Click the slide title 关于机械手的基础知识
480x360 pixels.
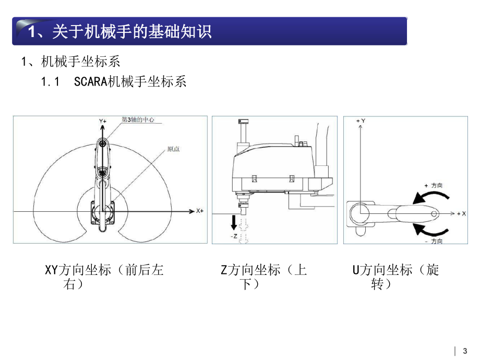click(x=120, y=31)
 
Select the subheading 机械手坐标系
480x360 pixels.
click(x=80, y=62)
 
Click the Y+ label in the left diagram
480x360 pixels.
click(x=103, y=121)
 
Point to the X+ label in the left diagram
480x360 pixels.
click(x=199, y=211)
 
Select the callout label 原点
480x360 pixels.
click(x=173, y=149)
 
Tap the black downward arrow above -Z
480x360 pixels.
click(x=234, y=222)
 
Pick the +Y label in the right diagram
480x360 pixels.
click(x=360, y=121)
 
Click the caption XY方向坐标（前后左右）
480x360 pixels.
click(x=104, y=277)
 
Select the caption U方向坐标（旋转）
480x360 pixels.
click(x=395, y=277)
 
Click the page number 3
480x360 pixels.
click(x=465, y=351)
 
